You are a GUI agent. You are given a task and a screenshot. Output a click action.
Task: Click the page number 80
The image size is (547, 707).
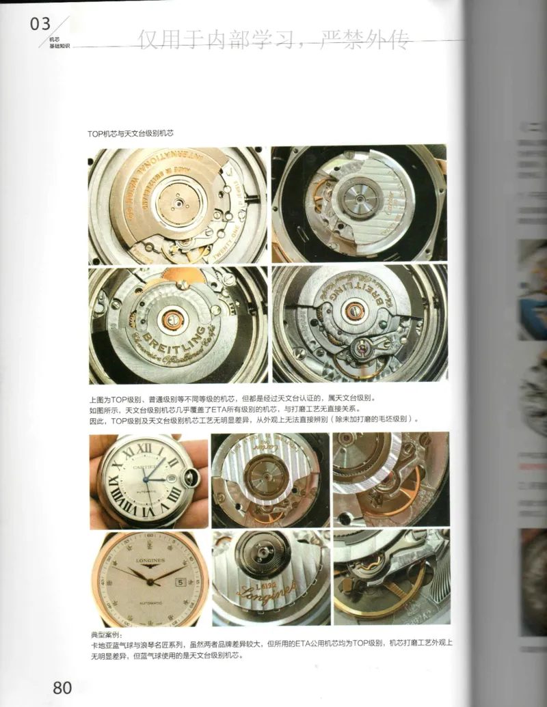[x=62, y=687]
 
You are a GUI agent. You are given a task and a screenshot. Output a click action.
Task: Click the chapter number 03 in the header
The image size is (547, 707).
[x=40, y=25]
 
